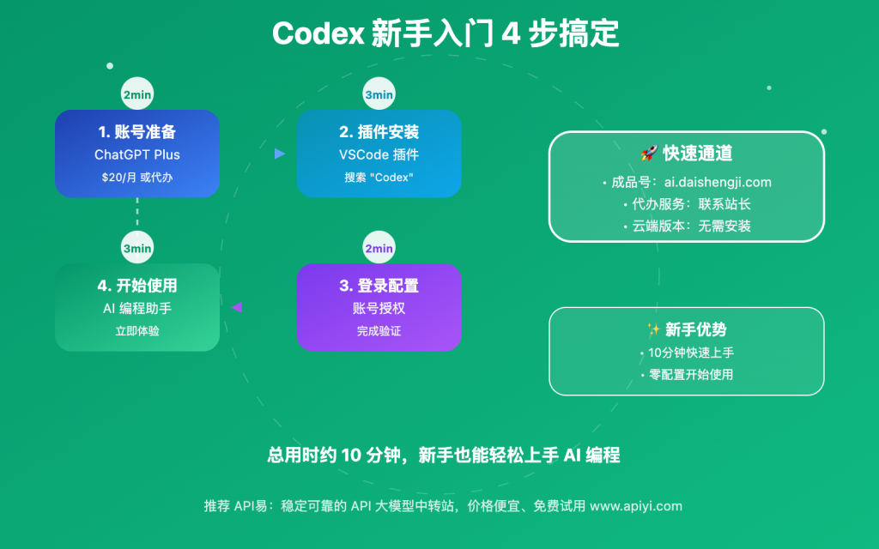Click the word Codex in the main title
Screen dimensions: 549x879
click(x=318, y=34)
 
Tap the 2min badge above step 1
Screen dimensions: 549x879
click(x=137, y=95)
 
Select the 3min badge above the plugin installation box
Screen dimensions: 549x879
click(x=379, y=95)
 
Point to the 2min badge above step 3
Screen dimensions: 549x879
click(x=379, y=249)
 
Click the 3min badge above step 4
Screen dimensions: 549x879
click(x=137, y=249)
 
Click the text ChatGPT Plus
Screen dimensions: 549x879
click(x=137, y=155)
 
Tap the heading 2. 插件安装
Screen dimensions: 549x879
click(x=379, y=132)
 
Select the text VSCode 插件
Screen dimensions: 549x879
click(x=379, y=155)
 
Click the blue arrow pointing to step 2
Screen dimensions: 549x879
click(x=279, y=154)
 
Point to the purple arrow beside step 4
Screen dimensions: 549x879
click(x=237, y=307)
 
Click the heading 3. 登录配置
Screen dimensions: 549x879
click(x=379, y=286)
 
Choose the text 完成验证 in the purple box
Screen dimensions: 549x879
click(x=379, y=330)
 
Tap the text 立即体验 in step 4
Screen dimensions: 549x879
click(x=137, y=330)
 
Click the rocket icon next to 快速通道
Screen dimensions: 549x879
click(x=648, y=154)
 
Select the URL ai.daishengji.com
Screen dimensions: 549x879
click(x=718, y=182)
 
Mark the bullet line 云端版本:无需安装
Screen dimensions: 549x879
click(x=687, y=226)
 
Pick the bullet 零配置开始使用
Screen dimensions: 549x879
click(x=687, y=375)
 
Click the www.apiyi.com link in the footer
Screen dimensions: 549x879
click(x=636, y=506)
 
